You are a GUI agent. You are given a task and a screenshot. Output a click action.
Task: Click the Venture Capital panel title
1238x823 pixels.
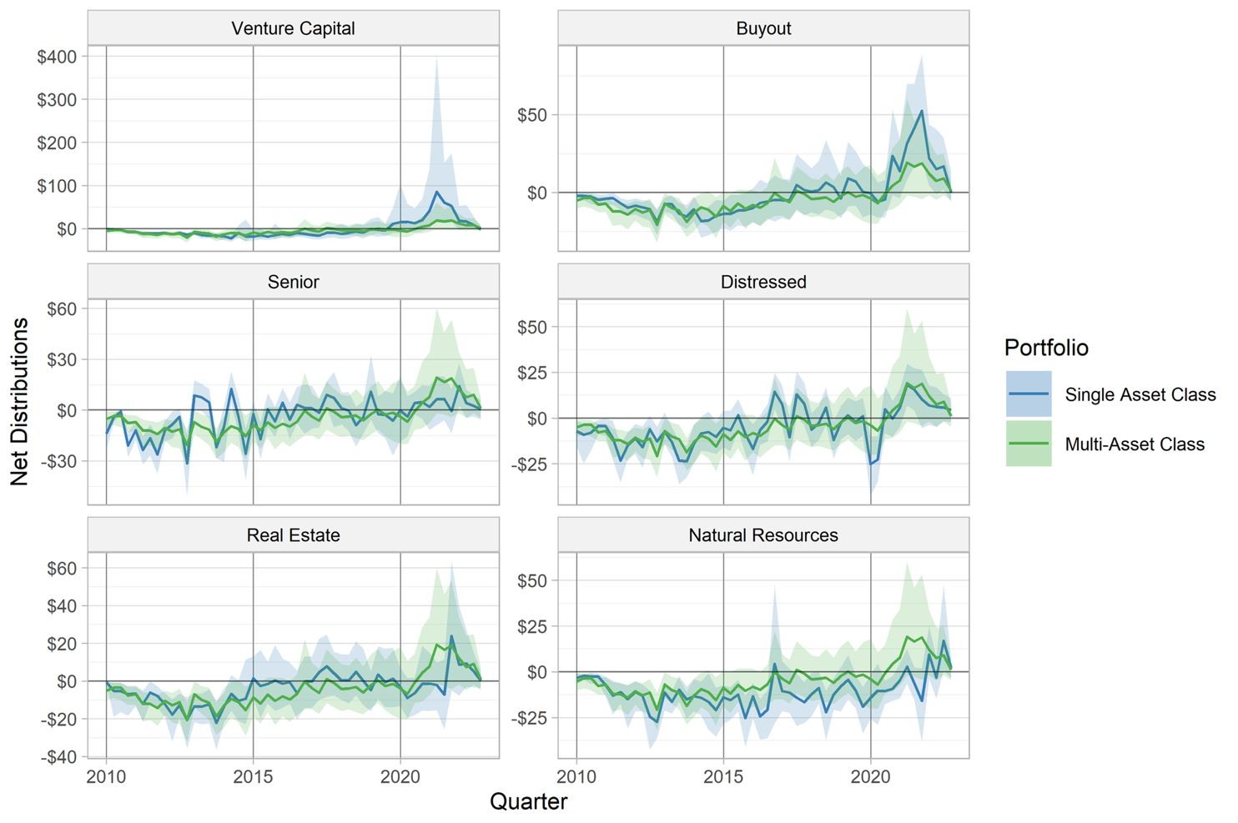(293, 28)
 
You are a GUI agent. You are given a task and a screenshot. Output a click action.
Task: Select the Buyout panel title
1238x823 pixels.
(763, 28)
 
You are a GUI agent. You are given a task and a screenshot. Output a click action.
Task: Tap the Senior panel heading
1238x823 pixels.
(293, 282)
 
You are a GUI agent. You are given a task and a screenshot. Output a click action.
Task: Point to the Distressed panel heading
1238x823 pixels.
(763, 282)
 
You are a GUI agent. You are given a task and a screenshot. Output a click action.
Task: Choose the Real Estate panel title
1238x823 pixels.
(293, 534)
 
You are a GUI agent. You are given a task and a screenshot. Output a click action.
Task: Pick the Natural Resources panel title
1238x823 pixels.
(763, 534)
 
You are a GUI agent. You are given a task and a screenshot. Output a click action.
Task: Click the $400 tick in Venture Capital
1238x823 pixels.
(57, 57)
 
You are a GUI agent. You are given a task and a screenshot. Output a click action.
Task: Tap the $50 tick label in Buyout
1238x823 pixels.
(532, 115)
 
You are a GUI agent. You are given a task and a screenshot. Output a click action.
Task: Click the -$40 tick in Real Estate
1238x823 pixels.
(58, 756)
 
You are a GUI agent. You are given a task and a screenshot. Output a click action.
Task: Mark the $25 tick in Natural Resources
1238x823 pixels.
(532, 626)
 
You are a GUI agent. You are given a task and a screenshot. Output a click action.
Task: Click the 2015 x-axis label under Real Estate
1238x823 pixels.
(253, 776)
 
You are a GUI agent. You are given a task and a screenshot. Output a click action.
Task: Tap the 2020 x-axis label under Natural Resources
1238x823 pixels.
(870, 776)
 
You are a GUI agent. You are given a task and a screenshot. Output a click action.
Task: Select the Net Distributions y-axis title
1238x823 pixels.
(19, 402)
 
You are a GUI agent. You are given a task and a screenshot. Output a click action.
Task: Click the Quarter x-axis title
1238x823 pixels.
(528, 801)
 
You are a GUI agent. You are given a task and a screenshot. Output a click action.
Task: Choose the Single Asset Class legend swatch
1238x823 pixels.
(1029, 394)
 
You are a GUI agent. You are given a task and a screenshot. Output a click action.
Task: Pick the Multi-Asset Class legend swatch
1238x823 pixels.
(1029, 444)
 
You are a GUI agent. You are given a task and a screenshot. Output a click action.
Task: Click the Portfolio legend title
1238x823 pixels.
(1046, 348)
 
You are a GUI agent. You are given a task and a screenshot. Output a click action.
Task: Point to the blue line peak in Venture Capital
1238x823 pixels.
(436, 192)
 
